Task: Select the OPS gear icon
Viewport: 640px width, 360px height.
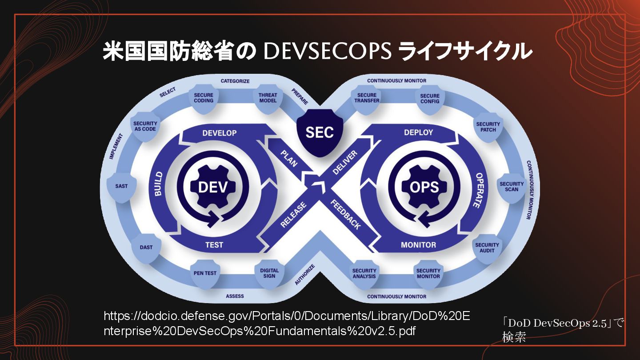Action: pyautogui.click(x=424, y=187)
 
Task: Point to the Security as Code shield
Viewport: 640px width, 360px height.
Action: pyautogui.click(x=145, y=127)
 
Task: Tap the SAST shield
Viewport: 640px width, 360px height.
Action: pyautogui.click(x=121, y=187)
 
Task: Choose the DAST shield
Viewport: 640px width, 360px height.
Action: pyautogui.click(x=146, y=248)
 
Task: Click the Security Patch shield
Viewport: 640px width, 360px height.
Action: pyautogui.click(x=488, y=127)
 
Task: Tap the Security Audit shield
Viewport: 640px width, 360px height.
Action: pyautogui.click(x=487, y=248)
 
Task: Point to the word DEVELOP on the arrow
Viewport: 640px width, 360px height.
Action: pyautogui.click(x=220, y=133)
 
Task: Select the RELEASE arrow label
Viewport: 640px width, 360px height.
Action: pyautogui.click(x=293, y=215)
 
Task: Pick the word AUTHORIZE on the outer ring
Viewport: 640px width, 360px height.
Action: pyautogui.click(x=305, y=275)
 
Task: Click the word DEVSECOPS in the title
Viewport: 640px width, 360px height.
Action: pyautogui.click(x=327, y=52)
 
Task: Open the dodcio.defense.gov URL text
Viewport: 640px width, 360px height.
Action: pyautogui.click(x=286, y=324)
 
